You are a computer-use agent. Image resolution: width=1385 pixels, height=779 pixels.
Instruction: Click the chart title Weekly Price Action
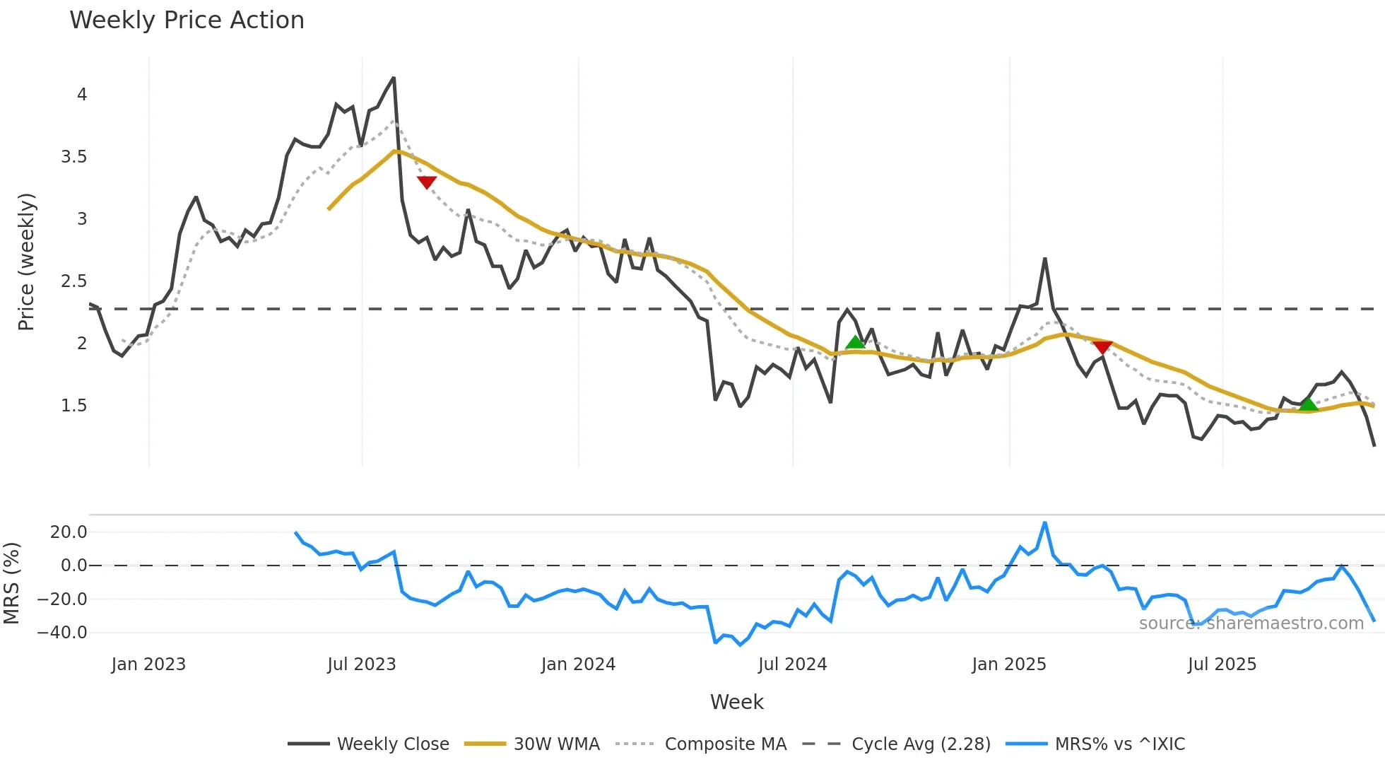click(187, 20)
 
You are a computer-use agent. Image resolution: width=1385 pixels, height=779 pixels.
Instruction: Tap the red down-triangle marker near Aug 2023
click(427, 182)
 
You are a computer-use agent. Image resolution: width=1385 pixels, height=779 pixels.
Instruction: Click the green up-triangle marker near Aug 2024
click(855, 343)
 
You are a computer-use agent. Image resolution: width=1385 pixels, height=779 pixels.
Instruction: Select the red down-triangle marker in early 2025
click(1102, 347)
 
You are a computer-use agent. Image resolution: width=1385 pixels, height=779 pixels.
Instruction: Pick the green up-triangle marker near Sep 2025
click(1308, 404)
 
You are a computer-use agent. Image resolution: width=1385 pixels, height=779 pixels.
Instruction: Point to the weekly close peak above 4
click(394, 78)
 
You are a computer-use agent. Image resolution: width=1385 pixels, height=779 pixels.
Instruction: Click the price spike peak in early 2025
click(1044, 259)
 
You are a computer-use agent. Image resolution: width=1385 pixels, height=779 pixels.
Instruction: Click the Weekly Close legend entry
click(369, 744)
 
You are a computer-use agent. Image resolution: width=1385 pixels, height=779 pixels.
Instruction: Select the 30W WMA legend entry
click(532, 744)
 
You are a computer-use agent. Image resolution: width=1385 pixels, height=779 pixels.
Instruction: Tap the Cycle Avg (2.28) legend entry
click(897, 744)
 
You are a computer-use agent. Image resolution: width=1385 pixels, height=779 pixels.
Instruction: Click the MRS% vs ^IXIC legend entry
click(1095, 744)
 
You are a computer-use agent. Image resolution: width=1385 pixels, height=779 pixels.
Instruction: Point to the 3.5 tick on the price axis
click(74, 157)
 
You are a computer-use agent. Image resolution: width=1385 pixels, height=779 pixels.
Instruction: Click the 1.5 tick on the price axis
click(74, 406)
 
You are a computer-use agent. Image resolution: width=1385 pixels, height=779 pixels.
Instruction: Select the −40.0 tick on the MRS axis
click(62, 633)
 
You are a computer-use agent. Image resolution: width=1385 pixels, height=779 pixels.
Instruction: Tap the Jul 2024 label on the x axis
click(792, 664)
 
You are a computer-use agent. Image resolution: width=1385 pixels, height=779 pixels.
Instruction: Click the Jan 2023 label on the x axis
click(148, 664)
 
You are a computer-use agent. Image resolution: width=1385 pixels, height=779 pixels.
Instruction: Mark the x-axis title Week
click(736, 702)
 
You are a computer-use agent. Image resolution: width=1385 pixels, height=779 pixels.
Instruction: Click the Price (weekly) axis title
click(26, 262)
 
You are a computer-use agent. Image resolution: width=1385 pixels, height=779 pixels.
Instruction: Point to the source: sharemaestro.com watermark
click(1251, 623)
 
